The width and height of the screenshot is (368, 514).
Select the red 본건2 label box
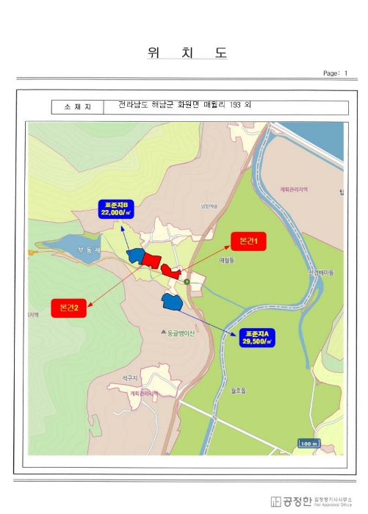pyautogui.click(x=68, y=308)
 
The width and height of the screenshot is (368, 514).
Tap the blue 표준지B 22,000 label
pyautogui.click(x=117, y=209)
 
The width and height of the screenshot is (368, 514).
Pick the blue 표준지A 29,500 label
pyautogui.click(x=257, y=338)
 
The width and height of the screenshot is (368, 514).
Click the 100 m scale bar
pyautogui.click(x=309, y=444)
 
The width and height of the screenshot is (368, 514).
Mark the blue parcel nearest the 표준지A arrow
pyautogui.click(x=171, y=300)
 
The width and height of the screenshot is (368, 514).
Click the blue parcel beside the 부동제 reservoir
pyautogui.click(x=135, y=256)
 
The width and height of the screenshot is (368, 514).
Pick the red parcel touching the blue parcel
pyautogui.click(x=152, y=259)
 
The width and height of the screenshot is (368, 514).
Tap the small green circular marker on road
pyautogui.click(x=187, y=281)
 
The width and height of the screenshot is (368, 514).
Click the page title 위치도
pyautogui.click(x=187, y=53)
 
